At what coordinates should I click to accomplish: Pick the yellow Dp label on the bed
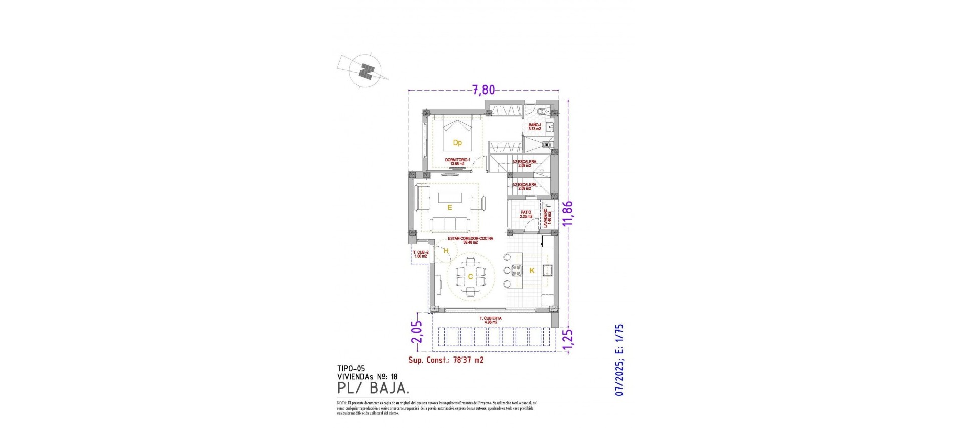(x=457, y=143)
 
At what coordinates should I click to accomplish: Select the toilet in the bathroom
(x=542, y=112)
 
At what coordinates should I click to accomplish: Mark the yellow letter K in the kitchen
(x=532, y=271)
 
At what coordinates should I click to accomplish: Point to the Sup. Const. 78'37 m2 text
(x=446, y=361)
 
